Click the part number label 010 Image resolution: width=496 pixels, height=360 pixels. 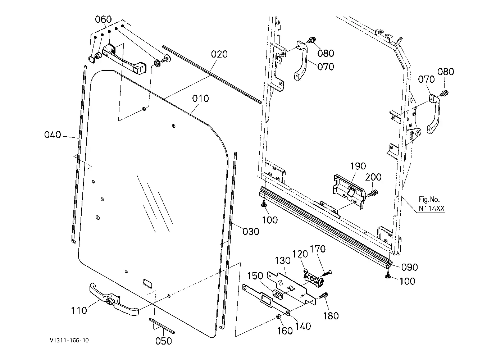[200, 99]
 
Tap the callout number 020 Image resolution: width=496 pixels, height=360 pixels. [219, 54]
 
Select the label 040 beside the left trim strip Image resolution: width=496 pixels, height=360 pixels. [53, 135]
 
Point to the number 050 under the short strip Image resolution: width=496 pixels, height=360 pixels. [163, 341]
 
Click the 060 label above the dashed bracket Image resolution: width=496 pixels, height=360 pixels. [103, 19]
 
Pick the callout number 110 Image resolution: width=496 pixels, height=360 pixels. [79, 311]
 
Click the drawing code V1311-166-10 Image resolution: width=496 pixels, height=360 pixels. [69, 340]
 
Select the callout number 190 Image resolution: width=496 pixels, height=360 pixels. [358, 166]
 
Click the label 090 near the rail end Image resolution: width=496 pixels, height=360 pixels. [409, 267]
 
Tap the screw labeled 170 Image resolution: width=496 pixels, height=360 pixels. [326, 273]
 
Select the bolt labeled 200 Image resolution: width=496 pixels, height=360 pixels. [373, 193]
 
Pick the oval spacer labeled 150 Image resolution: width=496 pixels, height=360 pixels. [278, 295]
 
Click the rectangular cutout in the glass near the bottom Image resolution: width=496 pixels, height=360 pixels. [148, 283]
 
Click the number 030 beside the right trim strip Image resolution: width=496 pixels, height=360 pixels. [251, 232]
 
